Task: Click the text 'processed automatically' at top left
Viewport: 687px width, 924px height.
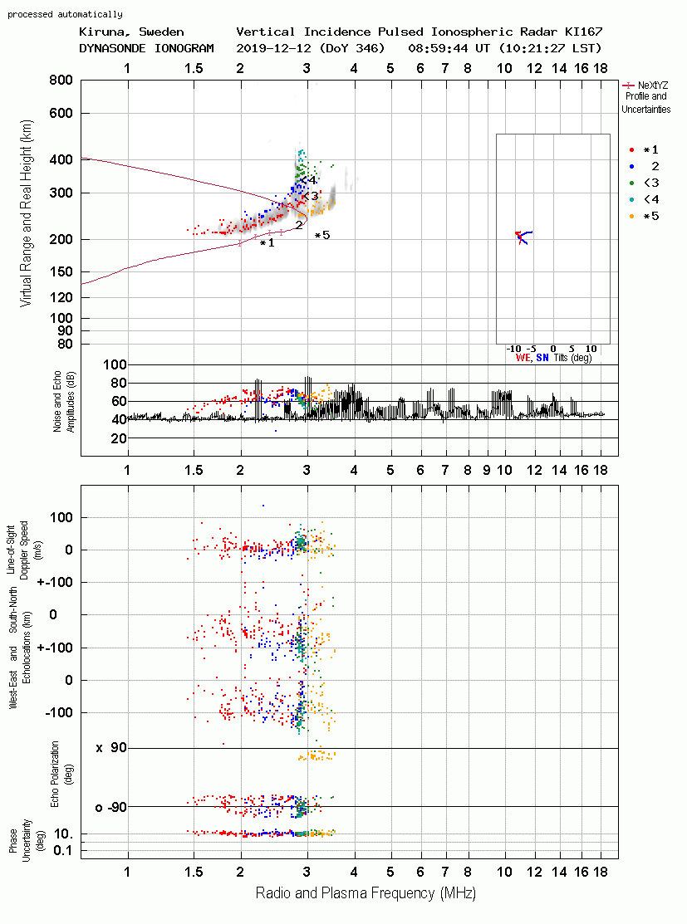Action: click(x=65, y=14)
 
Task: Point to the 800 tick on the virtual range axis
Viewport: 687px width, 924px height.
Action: click(x=61, y=81)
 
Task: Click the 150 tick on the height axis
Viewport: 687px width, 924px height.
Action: click(x=61, y=272)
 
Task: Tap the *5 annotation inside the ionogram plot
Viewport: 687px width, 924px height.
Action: click(x=322, y=236)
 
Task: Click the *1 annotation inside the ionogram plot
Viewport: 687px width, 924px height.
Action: click(x=267, y=242)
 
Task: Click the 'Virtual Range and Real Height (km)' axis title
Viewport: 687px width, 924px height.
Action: click(x=26, y=213)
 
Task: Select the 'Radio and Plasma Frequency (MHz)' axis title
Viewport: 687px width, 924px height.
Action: click(x=366, y=893)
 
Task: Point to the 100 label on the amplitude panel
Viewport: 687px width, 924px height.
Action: click(x=115, y=364)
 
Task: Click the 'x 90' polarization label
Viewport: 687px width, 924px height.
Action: click(x=111, y=748)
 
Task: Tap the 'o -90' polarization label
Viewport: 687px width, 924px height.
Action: click(x=111, y=807)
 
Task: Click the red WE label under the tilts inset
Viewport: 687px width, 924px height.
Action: click(x=523, y=358)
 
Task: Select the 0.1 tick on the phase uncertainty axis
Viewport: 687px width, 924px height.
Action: click(x=63, y=850)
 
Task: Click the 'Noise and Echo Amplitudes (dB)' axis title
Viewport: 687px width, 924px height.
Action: click(x=64, y=402)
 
